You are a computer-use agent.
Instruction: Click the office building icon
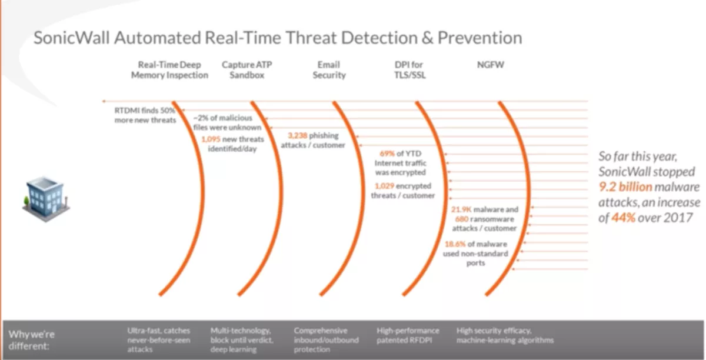pyautogui.click(x=46, y=199)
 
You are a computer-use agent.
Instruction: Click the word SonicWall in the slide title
pyautogui.click(x=72, y=38)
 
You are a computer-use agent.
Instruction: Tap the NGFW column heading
pyautogui.click(x=491, y=65)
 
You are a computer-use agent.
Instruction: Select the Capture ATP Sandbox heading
pyautogui.click(x=247, y=69)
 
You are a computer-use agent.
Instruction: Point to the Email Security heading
pyautogui.click(x=329, y=69)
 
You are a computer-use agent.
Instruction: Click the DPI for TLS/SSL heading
pyautogui.click(x=409, y=69)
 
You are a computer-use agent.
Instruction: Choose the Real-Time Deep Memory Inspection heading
pyautogui.click(x=169, y=69)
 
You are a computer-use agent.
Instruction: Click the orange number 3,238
pyautogui.click(x=298, y=135)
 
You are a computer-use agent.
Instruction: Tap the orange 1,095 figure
pyautogui.click(x=211, y=139)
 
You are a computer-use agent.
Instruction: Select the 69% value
pyautogui.click(x=387, y=154)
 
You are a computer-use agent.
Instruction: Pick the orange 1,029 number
pyautogui.click(x=384, y=186)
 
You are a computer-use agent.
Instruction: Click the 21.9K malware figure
pyautogui.click(x=461, y=209)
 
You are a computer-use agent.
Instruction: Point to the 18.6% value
pyautogui.click(x=455, y=244)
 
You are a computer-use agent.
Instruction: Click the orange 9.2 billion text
pyautogui.click(x=625, y=187)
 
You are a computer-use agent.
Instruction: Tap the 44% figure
pyautogui.click(x=623, y=218)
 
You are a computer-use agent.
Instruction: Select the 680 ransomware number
pyautogui.click(x=462, y=219)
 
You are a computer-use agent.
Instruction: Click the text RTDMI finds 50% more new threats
pyautogui.click(x=145, y=115)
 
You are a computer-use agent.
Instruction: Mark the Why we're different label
pyautogui.click(x=32, y=340)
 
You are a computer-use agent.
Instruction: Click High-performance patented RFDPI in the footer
pyautogui.click(x=408, y=335)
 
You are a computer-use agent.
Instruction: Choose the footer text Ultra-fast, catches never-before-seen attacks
pyautogui.click(x=158, y=340)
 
